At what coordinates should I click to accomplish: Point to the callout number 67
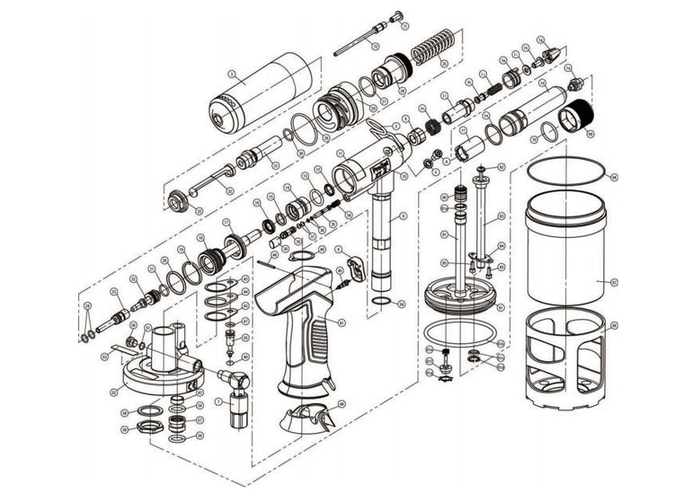click(615, 280)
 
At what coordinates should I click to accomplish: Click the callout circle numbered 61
click(444, 234)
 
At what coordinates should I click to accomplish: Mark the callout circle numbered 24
click(445, 61)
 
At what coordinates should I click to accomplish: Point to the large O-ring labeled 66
click(563, 172)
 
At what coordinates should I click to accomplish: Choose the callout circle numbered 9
click(404, 216)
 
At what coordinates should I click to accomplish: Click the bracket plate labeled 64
click(351, 267)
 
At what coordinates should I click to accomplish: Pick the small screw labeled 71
click(396, 14)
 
